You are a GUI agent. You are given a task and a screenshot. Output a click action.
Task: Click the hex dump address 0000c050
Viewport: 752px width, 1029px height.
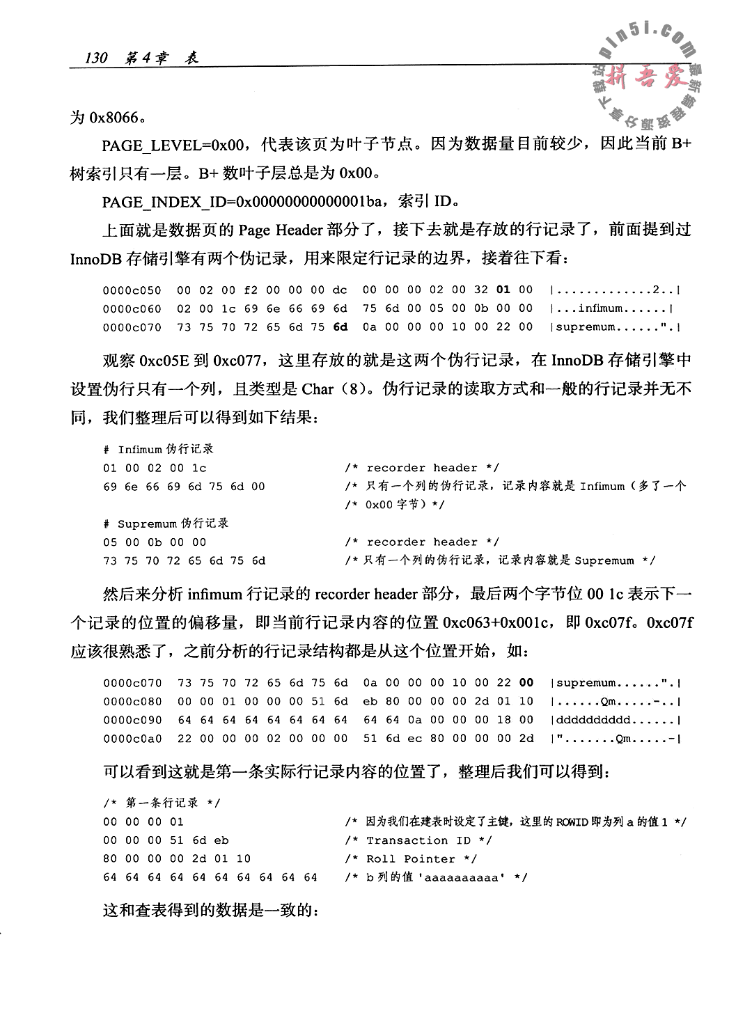[132, 290]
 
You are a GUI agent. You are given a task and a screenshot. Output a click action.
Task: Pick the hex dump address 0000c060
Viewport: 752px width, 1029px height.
[132, 308]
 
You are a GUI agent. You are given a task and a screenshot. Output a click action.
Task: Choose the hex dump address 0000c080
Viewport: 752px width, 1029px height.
[132, 701]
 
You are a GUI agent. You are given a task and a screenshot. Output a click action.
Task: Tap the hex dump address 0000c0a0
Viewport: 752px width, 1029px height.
[132, 738]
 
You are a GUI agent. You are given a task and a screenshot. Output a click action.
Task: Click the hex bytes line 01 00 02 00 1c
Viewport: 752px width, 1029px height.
[155, 468]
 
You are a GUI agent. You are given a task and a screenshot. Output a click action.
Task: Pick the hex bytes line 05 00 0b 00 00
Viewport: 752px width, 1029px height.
[155, 542]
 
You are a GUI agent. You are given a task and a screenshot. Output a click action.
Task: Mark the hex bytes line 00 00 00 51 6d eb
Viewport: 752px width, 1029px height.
[166, 840]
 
